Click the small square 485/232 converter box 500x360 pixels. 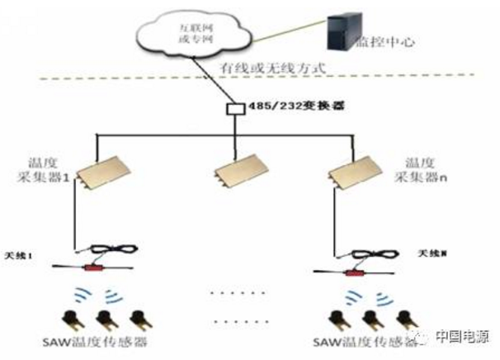tap(233, 109)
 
